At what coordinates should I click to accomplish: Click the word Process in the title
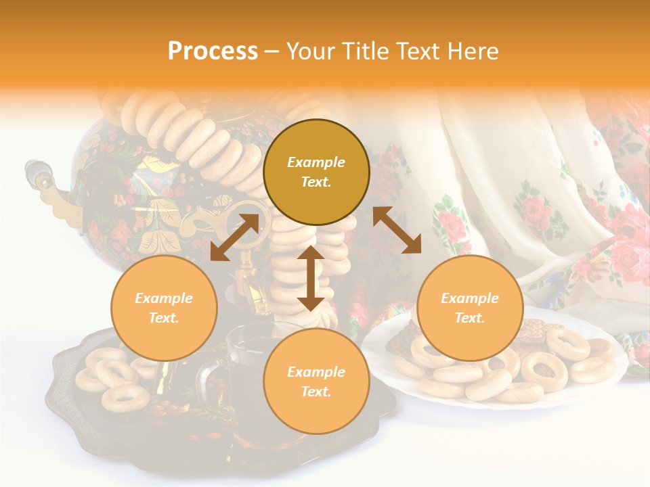click(x=213, y=51)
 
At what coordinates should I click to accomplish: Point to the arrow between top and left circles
click(x=234, y=237)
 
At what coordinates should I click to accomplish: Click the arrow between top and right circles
click(x=397, y=230)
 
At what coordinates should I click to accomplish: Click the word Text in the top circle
click(x=316, y=183)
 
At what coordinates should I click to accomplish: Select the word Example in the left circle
click(x=164, y=298)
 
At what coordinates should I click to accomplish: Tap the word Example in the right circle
click(x=470, y=298)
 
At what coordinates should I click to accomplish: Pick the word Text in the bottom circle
click(x=316, y=392)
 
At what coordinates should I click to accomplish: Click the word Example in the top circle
click(x=316, y=162)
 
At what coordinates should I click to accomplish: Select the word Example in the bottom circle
click(x=316, y=372)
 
